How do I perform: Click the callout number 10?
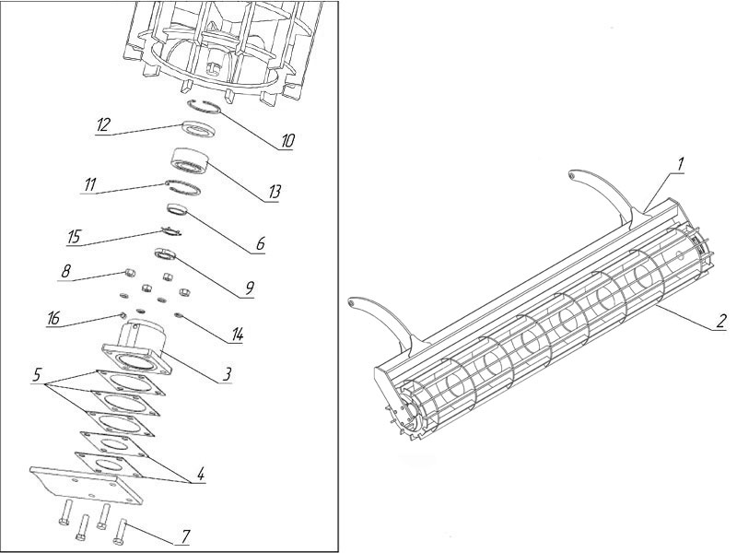[x=287, y=140]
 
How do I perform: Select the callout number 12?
[x=103, y=125]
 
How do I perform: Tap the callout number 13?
[x=274, y=192]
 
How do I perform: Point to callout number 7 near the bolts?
[x=185, y=535]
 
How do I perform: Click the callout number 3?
[x=227, y=374]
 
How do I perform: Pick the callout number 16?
[x=53, y=318]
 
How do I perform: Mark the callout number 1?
[x=680, y=164]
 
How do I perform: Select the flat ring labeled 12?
[x=200, y=130]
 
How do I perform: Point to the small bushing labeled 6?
[x=178, y=209]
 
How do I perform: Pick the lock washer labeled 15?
[x=170, y=230]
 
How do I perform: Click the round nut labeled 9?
[x=166, y=254]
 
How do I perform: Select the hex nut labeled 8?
[x=129, y=272]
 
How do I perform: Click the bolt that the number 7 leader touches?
[x=120, y=531]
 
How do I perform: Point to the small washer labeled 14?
[x=178, y=315]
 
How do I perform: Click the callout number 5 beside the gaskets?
[x=37, y=376]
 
